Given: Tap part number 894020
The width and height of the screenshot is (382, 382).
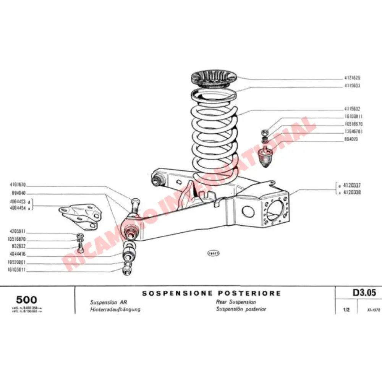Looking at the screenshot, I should click(x=350, y=139).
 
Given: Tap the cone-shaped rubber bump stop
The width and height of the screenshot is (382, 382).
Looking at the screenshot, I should click(x=265, y=157).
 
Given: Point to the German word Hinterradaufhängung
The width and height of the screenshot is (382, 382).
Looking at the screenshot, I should click(x=115, y=309).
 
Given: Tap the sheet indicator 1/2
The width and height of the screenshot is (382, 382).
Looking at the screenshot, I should click(x=346, y=310).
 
